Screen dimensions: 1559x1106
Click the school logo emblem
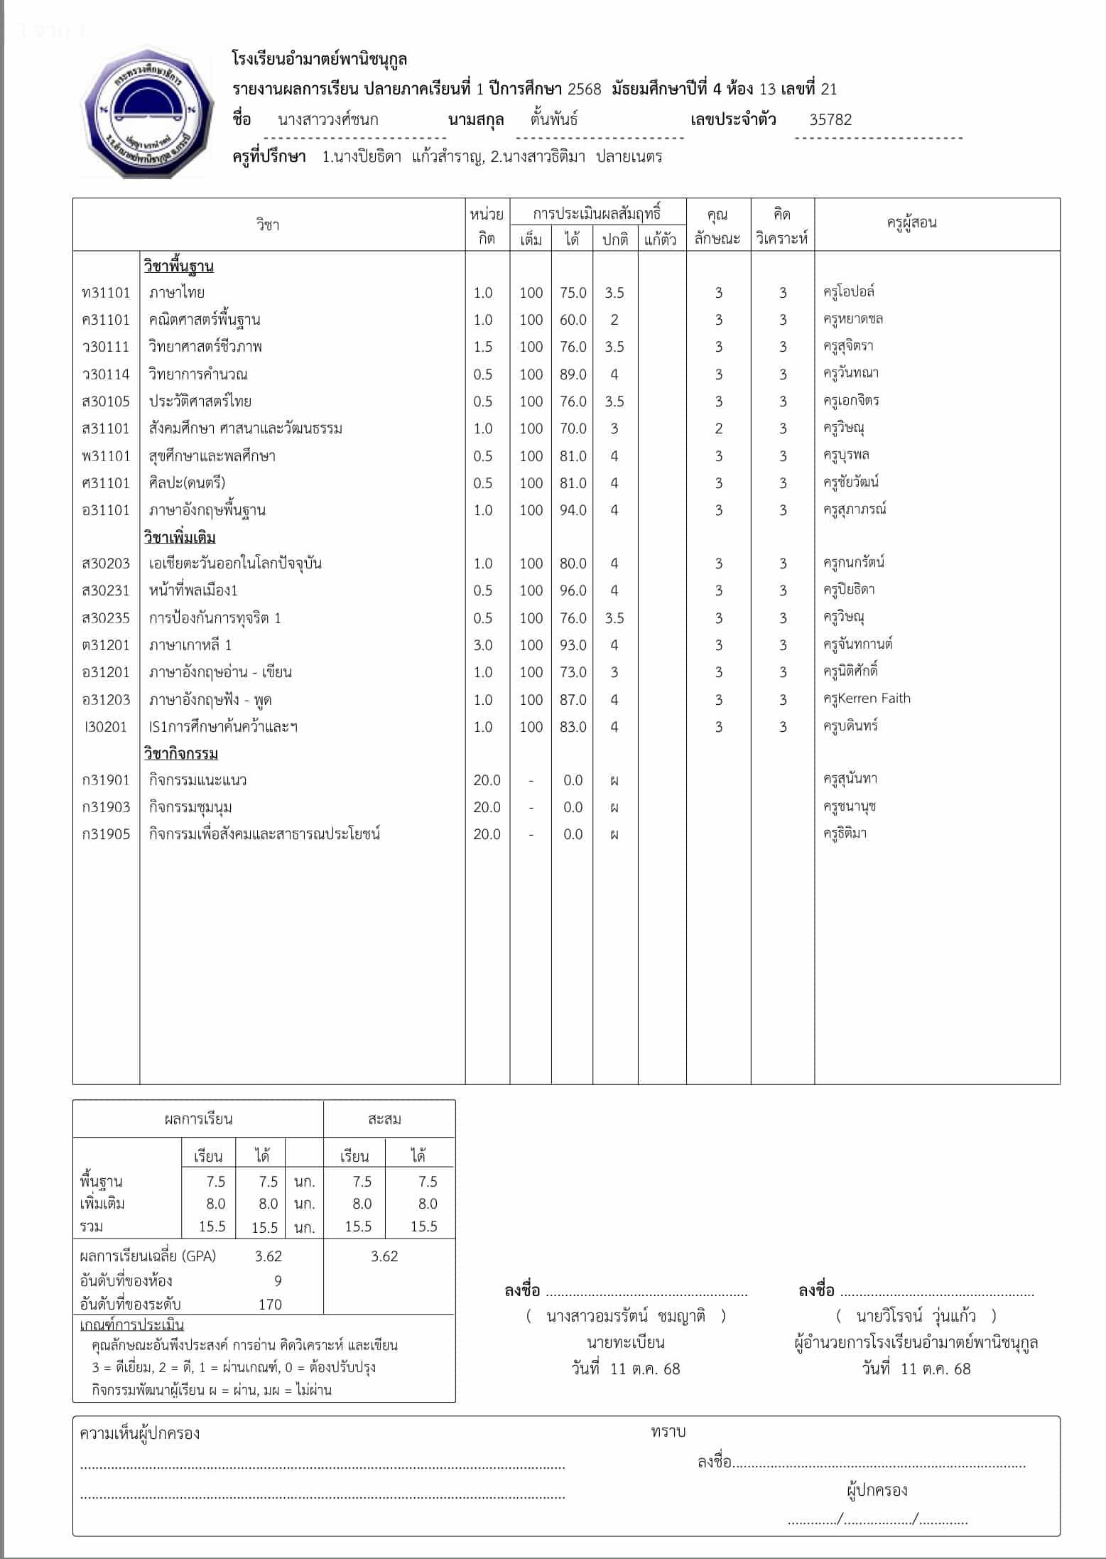click(x=148, y=112)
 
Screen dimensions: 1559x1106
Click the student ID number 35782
click(x=830, y=119)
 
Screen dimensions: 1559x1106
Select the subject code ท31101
click(x=106, y=293)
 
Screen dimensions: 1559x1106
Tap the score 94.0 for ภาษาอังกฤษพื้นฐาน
click(x=573, y=510)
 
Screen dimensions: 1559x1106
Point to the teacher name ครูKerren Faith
click(x=867, y=698)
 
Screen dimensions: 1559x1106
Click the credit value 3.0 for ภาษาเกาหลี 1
click(x=483, y=645)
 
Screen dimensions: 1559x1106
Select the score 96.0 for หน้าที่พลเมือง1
click(x=573, y=590)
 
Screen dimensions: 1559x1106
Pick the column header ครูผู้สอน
click(x=911, y=223)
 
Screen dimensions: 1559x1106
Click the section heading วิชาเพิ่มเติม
click(x=180, y=537)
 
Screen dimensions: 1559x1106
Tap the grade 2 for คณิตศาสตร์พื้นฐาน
click(x=614, y=320)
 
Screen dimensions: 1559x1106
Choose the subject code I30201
click(x=106, y=727)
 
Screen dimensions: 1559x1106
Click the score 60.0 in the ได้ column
click(x=573, y=320)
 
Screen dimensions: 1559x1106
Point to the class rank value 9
click(x=278, y=1280)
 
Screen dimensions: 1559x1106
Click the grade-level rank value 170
click(x=270, y=1304)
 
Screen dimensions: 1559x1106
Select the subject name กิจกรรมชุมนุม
click(x=190, y=807)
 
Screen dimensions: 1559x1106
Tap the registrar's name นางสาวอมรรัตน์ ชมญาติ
click(x=626, y=1316)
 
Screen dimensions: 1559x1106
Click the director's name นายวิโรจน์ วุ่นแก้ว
click(x=916, y=1316)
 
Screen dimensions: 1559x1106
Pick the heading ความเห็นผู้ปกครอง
click(x=139, y=1433)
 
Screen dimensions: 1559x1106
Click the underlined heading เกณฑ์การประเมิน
click(x=132, y=1325)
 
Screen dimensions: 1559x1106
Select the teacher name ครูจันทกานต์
click(x=857, y=644)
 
